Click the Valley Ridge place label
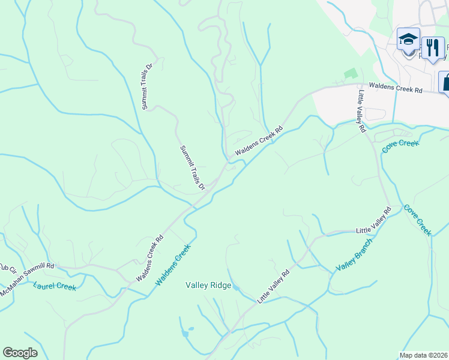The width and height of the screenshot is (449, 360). click(208, 286)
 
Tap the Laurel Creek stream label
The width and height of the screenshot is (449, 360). click(55, 287)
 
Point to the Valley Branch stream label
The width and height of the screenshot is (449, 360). click(354, 254)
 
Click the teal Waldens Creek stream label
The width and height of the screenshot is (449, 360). click(173, 265)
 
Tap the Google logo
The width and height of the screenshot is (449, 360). click(20, 353)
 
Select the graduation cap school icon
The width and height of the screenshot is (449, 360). click(408, 40)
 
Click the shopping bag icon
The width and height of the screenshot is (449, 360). click(445, 81)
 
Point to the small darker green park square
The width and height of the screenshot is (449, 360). click(350, 73)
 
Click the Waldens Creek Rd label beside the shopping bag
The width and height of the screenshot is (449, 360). click(396, 88)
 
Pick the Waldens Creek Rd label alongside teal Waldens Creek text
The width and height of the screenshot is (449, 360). click(149, 259)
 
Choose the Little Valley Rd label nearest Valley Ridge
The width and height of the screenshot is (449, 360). click(274, 286)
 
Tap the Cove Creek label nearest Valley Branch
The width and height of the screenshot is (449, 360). click(417, 220)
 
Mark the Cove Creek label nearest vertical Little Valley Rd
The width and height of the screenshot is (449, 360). click(399, 145)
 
